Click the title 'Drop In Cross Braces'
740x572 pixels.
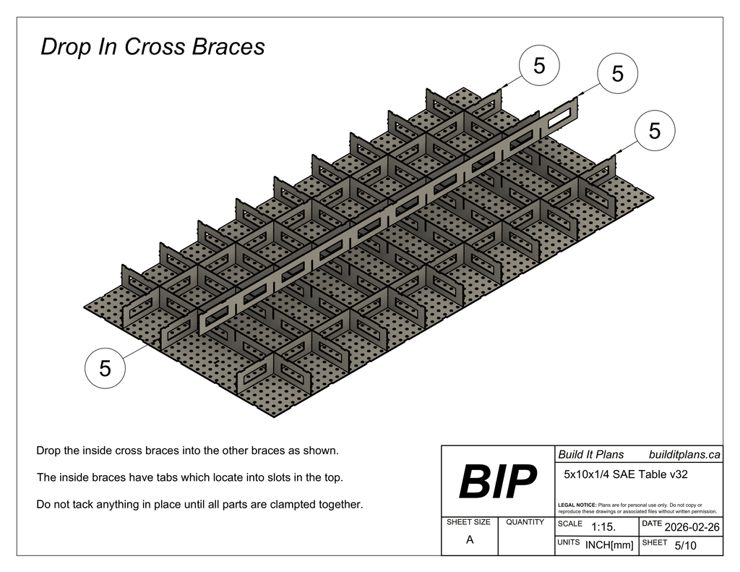(152, 47)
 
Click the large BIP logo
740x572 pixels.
(499, 482)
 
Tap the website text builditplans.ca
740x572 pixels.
(684, 454)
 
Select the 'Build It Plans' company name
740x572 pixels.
(590, 454)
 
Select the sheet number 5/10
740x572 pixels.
(685, 546)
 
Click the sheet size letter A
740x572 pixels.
(470, 539)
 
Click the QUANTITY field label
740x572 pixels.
(525, 522)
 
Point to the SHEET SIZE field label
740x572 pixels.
(468, 522)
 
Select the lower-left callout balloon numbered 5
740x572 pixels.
(106, 369)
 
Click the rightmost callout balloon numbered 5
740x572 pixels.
(655, 131)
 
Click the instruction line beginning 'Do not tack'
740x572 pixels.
(199, 504)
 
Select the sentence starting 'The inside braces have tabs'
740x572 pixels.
(189, 477)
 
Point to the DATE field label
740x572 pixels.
(651, 523)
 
